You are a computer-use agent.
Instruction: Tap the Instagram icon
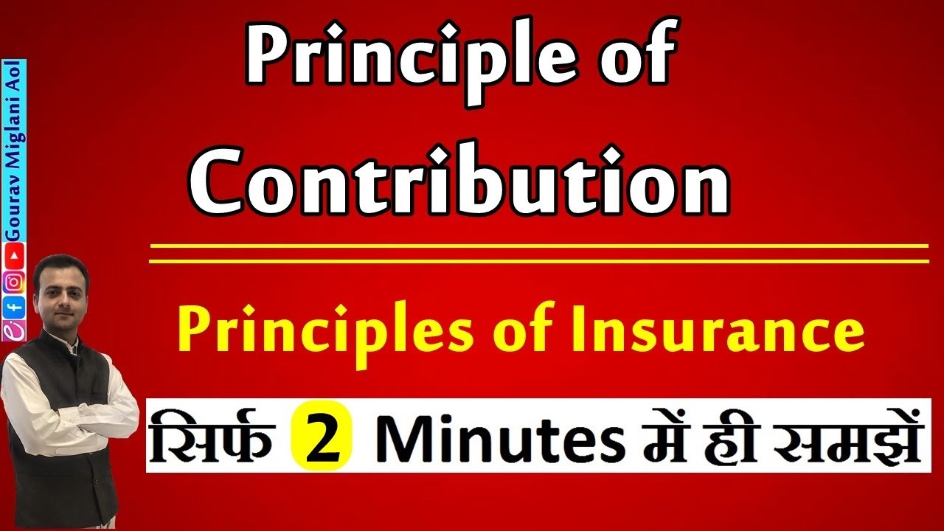(x=14, y=281)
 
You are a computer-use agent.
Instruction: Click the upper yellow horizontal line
(x=538, y=246)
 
